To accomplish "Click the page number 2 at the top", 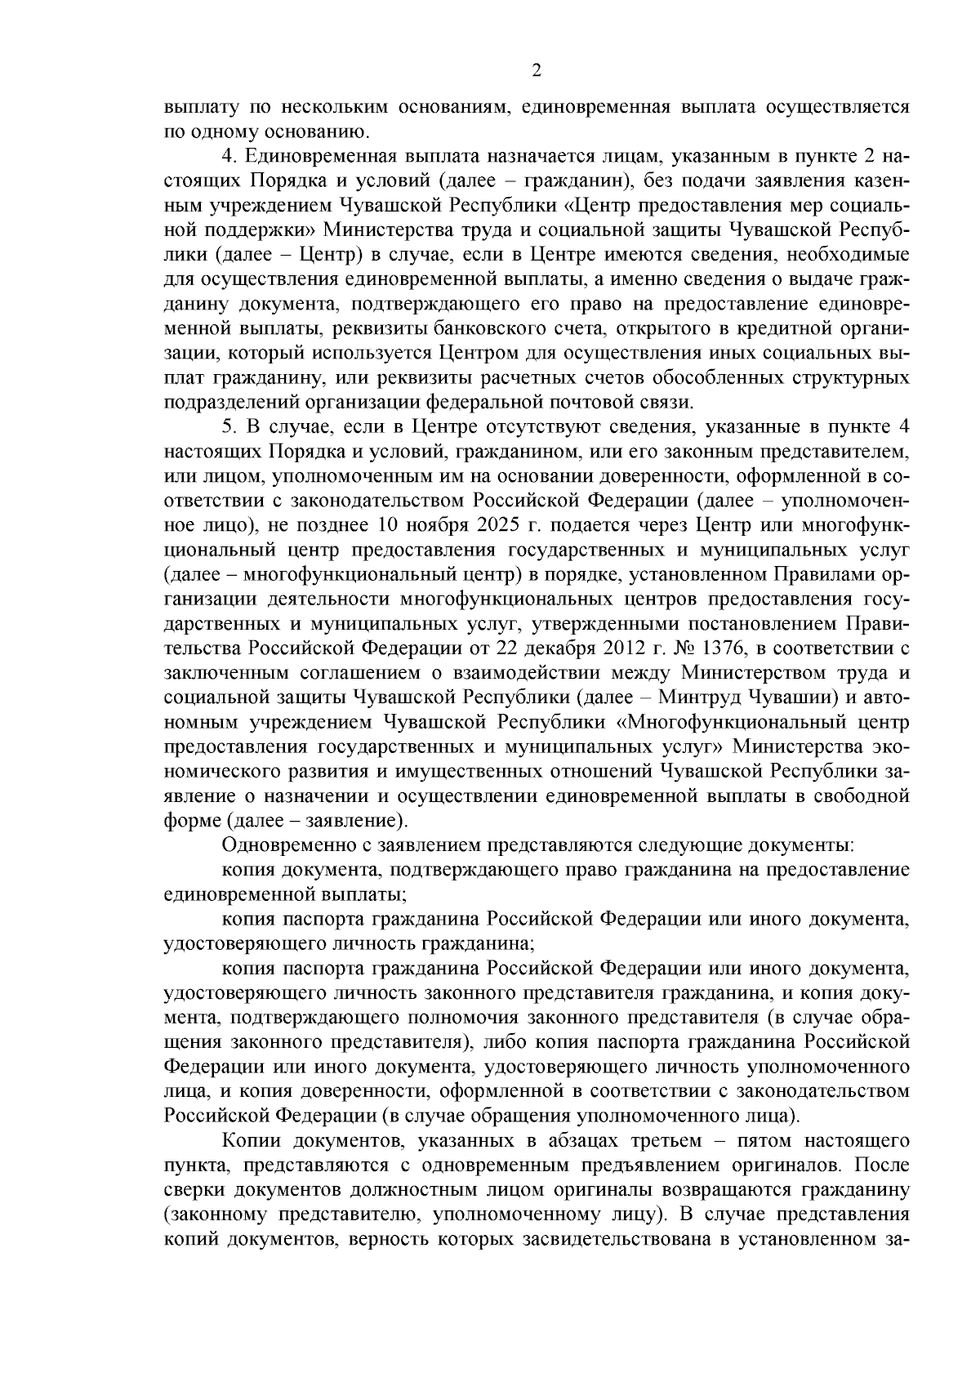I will click(536, 71).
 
